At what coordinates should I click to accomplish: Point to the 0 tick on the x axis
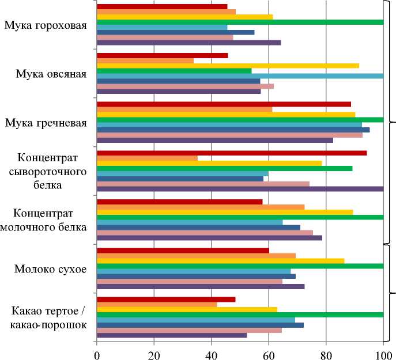(x=97, y=353)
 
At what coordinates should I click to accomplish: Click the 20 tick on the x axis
(x=154, y=353)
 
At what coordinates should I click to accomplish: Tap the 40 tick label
(x=212, y=353)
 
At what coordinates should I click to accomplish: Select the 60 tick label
(x=269, y=353)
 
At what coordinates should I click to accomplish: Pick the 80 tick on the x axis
(x=326, y=353)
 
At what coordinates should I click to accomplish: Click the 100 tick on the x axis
(x=383, y=353)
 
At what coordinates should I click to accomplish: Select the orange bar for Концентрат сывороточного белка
(x=147, y=158)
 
